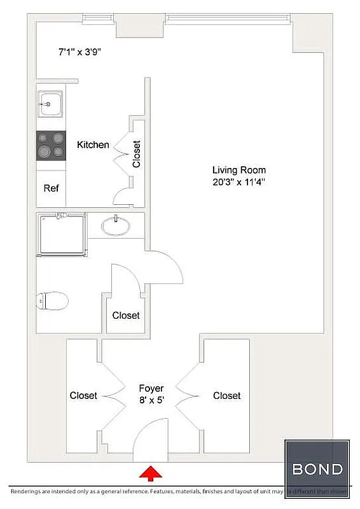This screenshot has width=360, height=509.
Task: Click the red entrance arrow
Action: tap(151, 473)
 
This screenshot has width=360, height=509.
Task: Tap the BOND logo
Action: tap(317, 470)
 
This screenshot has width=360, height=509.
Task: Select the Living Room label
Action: tap(239, 170)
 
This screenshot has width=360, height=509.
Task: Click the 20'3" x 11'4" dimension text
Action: tap(239, 182)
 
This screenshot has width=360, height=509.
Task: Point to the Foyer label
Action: tap(151, 388)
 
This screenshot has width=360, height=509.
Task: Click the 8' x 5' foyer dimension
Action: tap(151, 401)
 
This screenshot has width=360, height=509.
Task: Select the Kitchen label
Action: tap(93, 145)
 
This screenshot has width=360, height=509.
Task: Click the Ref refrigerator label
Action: tap(51, 188)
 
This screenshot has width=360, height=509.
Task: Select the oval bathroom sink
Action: tap(116, 226)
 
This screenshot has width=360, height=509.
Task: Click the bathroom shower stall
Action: tap(61, 234)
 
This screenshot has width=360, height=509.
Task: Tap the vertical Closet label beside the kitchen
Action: tap(136, 153)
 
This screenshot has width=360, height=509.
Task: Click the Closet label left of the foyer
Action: tap(83, 396)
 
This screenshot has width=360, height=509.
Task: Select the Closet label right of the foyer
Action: tap(226, 396)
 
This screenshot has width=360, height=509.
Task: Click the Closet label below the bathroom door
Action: tap(126, 316)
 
